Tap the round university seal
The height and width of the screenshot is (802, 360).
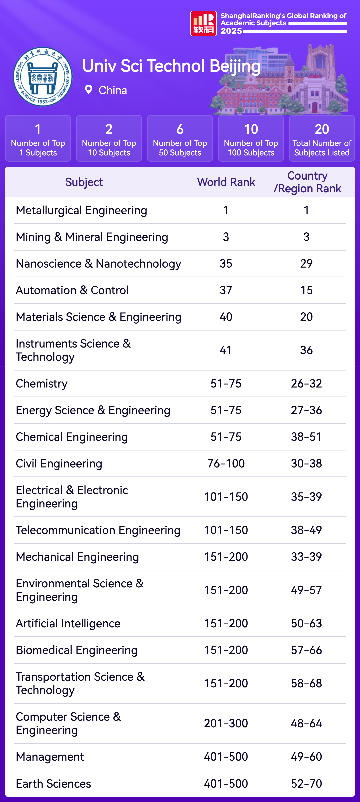point(43,77)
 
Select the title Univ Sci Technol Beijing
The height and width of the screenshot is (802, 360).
point(171,66)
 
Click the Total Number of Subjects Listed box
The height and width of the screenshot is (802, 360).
point(322,138)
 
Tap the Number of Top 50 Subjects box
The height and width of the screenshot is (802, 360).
point(180,138)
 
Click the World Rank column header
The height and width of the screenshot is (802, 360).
point(226,182)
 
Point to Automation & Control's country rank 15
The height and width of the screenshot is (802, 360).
point(306,290)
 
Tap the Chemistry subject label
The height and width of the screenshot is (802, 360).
point(42,384)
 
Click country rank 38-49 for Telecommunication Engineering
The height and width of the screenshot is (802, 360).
point(306,530)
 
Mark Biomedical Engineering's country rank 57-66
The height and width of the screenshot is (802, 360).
point(306,650)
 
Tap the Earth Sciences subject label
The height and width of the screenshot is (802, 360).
point(53,784)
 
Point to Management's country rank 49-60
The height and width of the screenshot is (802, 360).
point(306,757)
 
